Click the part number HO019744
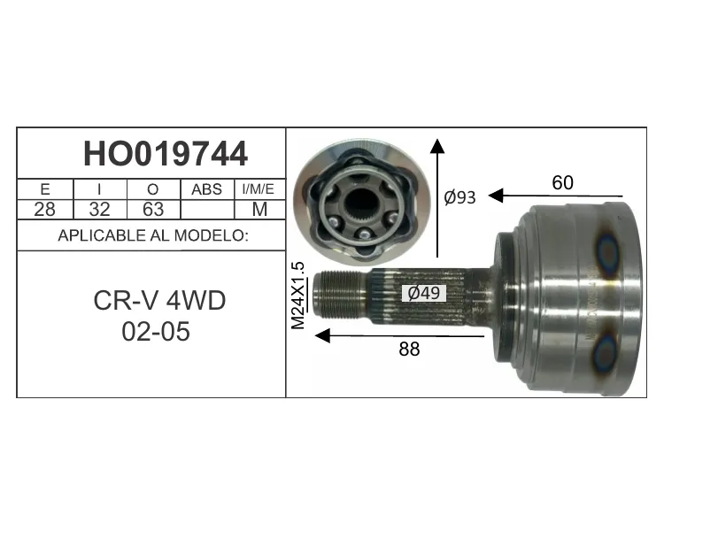point(166,154)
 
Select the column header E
point(45,189)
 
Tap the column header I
point(99,189)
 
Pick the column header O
point(153,189)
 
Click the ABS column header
point(206,189)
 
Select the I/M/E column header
point(259,189)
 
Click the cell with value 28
point(44,209)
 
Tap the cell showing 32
point(99,209)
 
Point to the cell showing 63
point(153,209)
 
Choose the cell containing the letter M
point(259,209)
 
